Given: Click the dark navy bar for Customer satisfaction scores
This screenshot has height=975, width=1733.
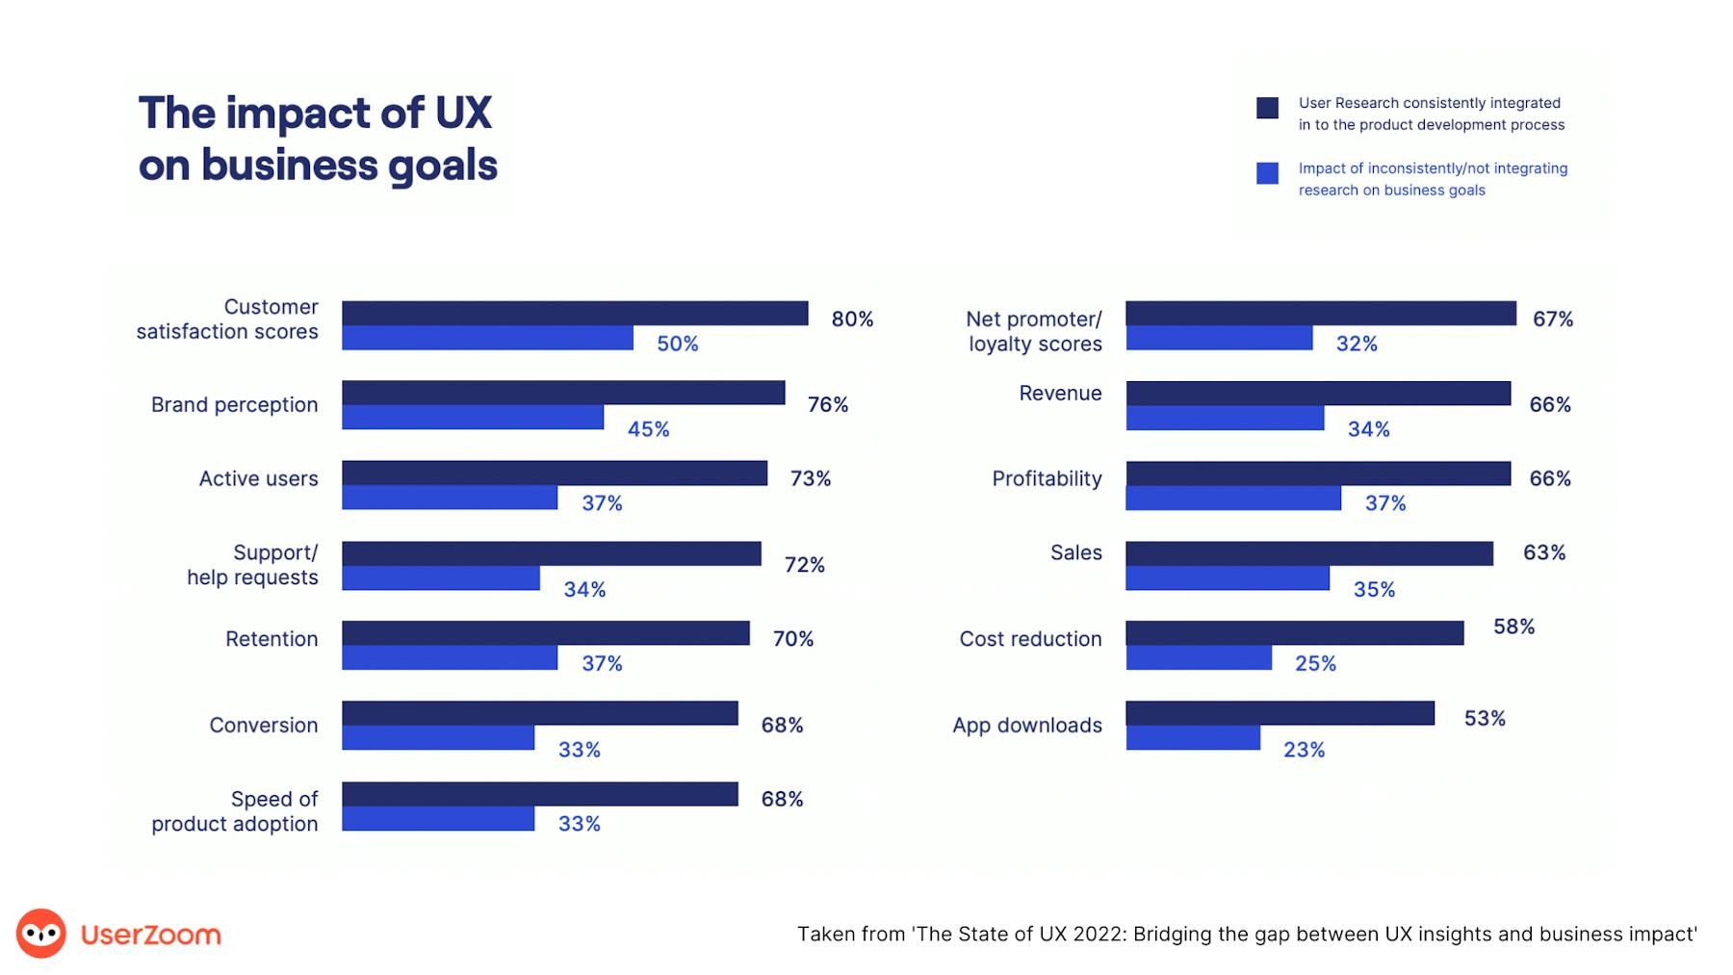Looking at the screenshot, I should tap(575, 313).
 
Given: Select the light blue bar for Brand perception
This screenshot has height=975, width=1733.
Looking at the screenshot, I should tap(473, 417).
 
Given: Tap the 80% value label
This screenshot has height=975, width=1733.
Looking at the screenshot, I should tap(852, 319).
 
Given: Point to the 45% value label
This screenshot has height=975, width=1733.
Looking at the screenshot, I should tap(648, 429).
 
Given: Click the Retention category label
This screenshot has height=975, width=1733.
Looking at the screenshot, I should tap(272, 639).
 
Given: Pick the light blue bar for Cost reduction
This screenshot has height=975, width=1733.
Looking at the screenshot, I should tap(1199, 658).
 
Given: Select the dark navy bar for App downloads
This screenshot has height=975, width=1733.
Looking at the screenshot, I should tap(1280, 713).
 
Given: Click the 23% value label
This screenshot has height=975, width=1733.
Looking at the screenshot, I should tap(1304, 750).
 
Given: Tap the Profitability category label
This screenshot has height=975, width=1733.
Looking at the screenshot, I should tap(1047, 478).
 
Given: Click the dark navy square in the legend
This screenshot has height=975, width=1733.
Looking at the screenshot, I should tap(1267, 108).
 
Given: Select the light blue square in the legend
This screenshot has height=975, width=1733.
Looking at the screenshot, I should tap(1267, 173).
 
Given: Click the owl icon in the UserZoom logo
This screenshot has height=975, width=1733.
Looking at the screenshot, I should tap(41, 934).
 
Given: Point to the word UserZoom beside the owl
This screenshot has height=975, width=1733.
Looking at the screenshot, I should tap(151, 935).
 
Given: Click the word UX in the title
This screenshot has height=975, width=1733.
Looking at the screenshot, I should tap(463, 113).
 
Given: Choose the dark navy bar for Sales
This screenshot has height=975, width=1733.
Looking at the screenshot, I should tap(1309, 553).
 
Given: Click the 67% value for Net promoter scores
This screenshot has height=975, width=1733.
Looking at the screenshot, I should tap(1552, 319).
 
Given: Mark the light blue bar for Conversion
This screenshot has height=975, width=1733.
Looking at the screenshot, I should tap(438, 737).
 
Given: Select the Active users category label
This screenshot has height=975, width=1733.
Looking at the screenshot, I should tap(258, 478).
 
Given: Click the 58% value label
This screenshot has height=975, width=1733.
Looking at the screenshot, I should tap(1513, 627).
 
